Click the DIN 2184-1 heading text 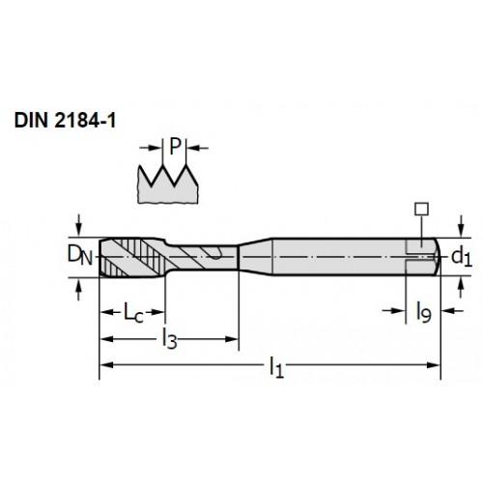pos(65,121)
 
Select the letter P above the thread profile pos(175,147)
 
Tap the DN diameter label pos(79,256)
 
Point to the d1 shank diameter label pos(462,257)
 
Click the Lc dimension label pos(133,312)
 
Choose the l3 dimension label pos(170,339)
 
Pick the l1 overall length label pos(276,367)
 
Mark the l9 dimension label pos(423,311)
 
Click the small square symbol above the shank pos(422,209)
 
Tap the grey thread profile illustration pos(168,185)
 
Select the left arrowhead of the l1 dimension pos(106,365)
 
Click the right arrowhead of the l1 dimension pos(433,365)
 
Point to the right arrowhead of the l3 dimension pos(231,339)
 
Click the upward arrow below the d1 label pos(461,287)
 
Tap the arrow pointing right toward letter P pos(151,148)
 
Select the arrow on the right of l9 pos(452,311)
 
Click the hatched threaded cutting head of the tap pos(132,257)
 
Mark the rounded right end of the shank pos(437,257)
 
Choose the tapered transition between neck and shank pos(255,257)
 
